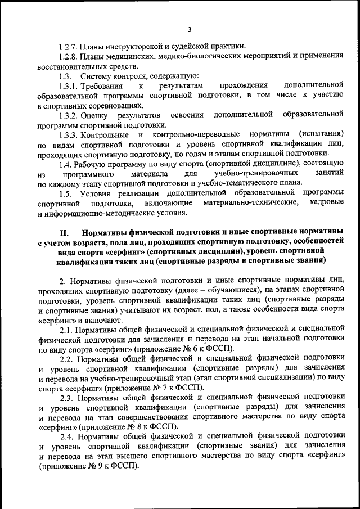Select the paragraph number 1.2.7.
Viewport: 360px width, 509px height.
tap(69, 46)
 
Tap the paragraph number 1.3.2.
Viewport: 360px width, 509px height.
tap(69, 115)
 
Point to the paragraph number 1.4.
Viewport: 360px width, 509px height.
tap(66, 164)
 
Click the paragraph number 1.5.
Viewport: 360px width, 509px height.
tap(66, 193)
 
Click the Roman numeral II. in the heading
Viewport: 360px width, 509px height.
tap(64, 232)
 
